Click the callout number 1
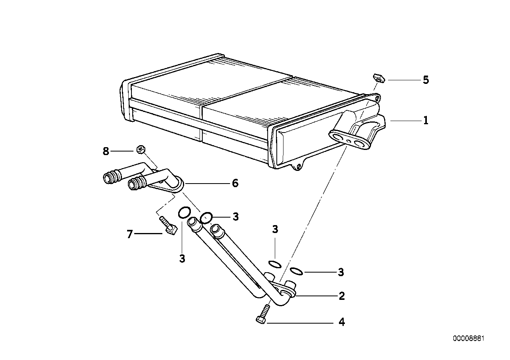pyautogui.click(x=426, y=120)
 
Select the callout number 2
pyautogui.click(x=341, y=296)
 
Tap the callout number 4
pyautogui.click(x=341, y=322)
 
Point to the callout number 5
pyautogui.click(x=426, y=80)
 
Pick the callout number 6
pyautogui.click(x=235, y=183)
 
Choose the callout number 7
pyautogui.click(x=129, y=234)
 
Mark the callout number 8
pyautogui.click(x=106, y=151)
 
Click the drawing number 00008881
pyautogui.click(x=469, y=339)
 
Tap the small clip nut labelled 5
pyautogui.click(x=378, y=78)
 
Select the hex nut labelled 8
pyautogui.click(x=139, y=149)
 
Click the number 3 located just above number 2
pyautogui.click(x=341, y=272)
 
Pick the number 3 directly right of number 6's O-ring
pyautogui.click(x=236, y=216)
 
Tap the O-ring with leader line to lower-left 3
pyautogui.click(x=183, y=213)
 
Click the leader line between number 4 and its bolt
pyautogui.click(x=301, y=323)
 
